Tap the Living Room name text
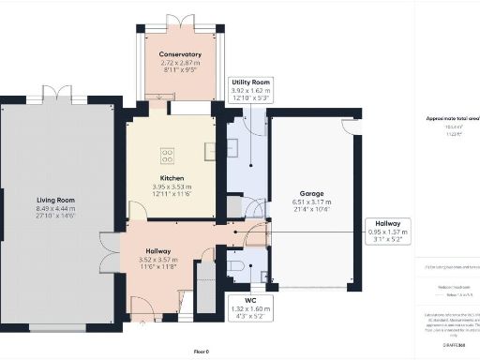tap(57, 200)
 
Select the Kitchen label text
tap(171, 178)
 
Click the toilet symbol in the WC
tap(236, 266)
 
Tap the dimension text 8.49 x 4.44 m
tap(57, 208)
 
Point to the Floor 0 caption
tap(201, 351)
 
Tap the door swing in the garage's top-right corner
tap(350, 127)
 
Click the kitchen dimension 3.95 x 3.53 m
tap(171, 187)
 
